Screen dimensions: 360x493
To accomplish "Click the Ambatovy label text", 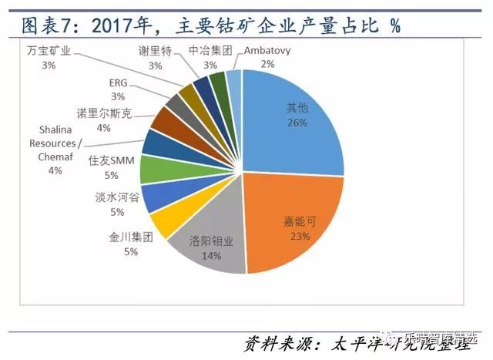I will click(267, 52).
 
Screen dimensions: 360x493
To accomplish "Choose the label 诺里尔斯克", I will click(105, 113).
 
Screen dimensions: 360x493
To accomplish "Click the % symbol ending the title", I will click(395, 25).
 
